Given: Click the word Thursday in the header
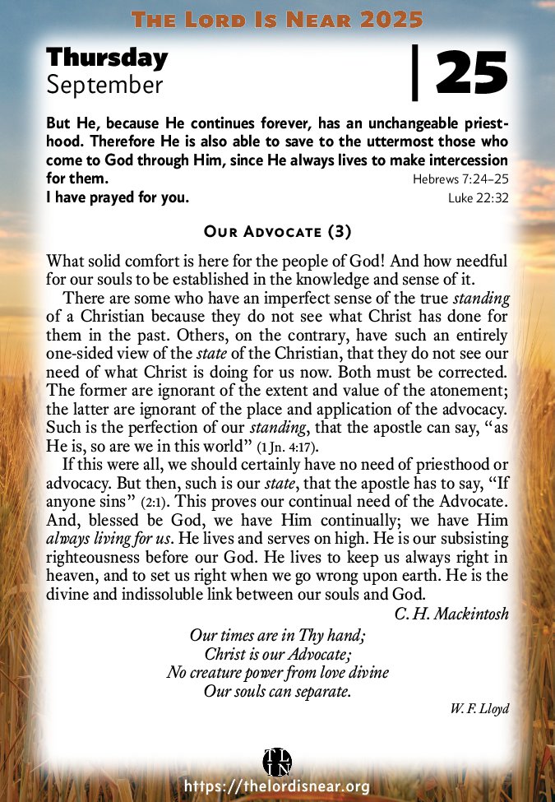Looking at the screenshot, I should pyautogui.click(x=107, y=58).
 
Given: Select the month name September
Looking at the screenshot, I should pyautogui.click(x=105, y=83).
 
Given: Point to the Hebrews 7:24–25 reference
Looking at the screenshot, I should pyautogui.click(x=460, y=178).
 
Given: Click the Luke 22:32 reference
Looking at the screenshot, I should pyautogui.click(x=478, y=197).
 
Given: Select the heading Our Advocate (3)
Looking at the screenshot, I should pyautogui.click(x=277, y=231).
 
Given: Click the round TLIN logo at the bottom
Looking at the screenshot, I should pyautogui.click(x=277, y=760).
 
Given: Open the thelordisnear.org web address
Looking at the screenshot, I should pyautogui.click(x=277, y=787).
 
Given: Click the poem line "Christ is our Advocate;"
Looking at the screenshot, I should pyautogui.click(x=277, y=654).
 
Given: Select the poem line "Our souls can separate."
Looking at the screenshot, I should pyautogui.click(x=277, y=691).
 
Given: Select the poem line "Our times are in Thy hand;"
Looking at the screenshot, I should pyautogui.click(x=277, y=636).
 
